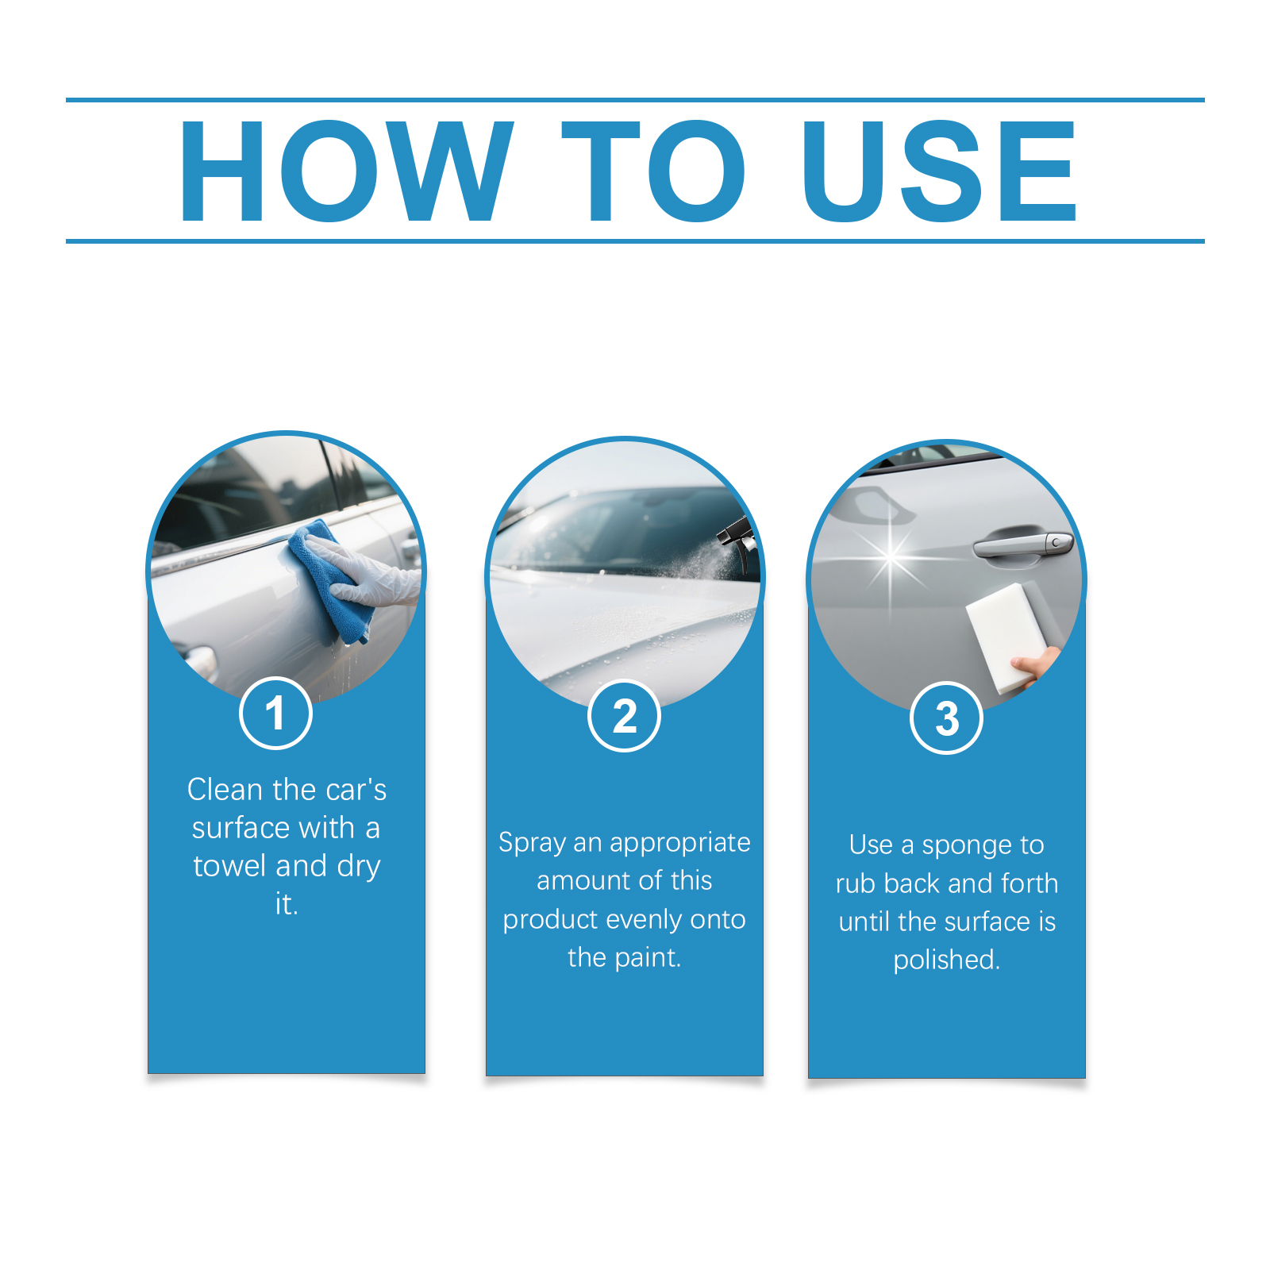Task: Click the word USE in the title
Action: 940,171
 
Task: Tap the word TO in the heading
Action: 653,171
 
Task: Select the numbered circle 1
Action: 275,713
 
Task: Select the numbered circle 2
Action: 625,716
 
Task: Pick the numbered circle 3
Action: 946,718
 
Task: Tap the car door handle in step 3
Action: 1024,545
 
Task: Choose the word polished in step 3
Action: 946,960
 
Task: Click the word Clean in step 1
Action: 225,790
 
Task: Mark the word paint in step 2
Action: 647,957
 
